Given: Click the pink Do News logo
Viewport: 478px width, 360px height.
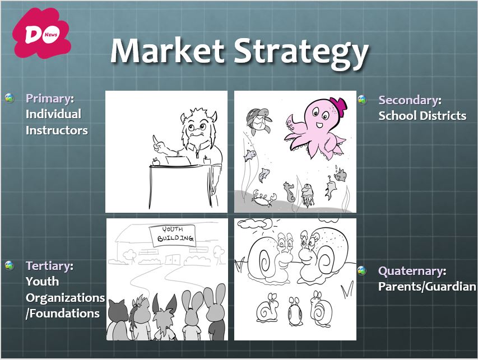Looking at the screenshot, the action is pos(42,33).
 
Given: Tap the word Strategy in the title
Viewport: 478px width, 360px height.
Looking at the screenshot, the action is pos(301,53).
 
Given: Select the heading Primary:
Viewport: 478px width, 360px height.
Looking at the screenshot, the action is pos(50,99).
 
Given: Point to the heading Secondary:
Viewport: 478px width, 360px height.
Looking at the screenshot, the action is pos(410,100).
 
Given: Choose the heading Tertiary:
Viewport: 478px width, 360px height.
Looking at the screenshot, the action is pos(49,266).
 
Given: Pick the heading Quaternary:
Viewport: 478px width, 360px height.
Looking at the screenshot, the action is pos(412,271).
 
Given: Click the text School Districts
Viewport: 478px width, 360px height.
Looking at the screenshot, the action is pos(422,116).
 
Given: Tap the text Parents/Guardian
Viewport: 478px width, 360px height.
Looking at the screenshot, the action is pos(427,287).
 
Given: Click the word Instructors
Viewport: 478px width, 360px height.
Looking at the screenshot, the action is pos(57,130).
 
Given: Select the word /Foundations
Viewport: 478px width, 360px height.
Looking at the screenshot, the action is pos(63,314).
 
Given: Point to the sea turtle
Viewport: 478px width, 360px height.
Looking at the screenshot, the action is pos(258,121).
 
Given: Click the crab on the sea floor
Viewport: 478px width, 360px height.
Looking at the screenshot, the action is pos(264,198).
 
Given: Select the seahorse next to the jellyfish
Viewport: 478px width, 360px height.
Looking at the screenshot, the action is pos(289,192).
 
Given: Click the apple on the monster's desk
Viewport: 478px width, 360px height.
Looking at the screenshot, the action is pos(156,161).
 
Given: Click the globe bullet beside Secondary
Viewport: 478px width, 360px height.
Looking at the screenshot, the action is pos(362,100).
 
